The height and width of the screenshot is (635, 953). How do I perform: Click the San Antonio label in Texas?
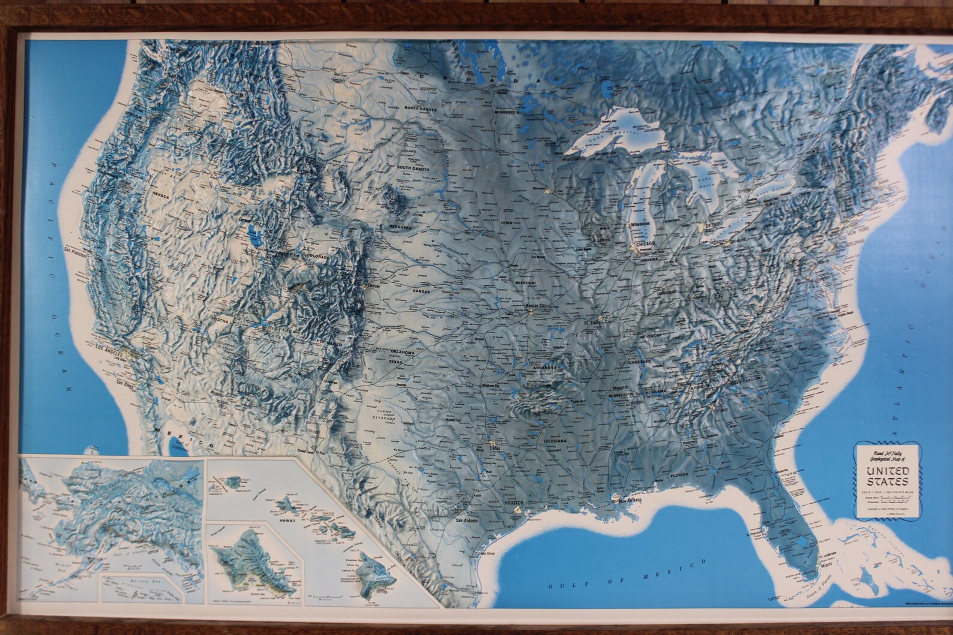[x=468, y=520]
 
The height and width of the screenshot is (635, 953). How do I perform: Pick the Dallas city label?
[x=496, y=448]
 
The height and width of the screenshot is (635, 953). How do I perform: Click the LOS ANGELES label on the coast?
[x=103, y=347]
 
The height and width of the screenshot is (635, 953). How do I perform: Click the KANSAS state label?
[x=421, y=291]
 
